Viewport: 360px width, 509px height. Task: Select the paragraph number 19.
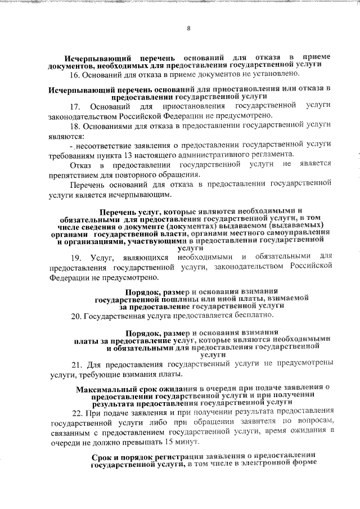coord(75,258)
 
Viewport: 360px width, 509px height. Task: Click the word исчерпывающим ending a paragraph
coord(140,195)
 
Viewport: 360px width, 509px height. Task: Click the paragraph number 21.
coord(75,364)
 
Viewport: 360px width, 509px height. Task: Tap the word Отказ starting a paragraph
coord(80,164)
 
